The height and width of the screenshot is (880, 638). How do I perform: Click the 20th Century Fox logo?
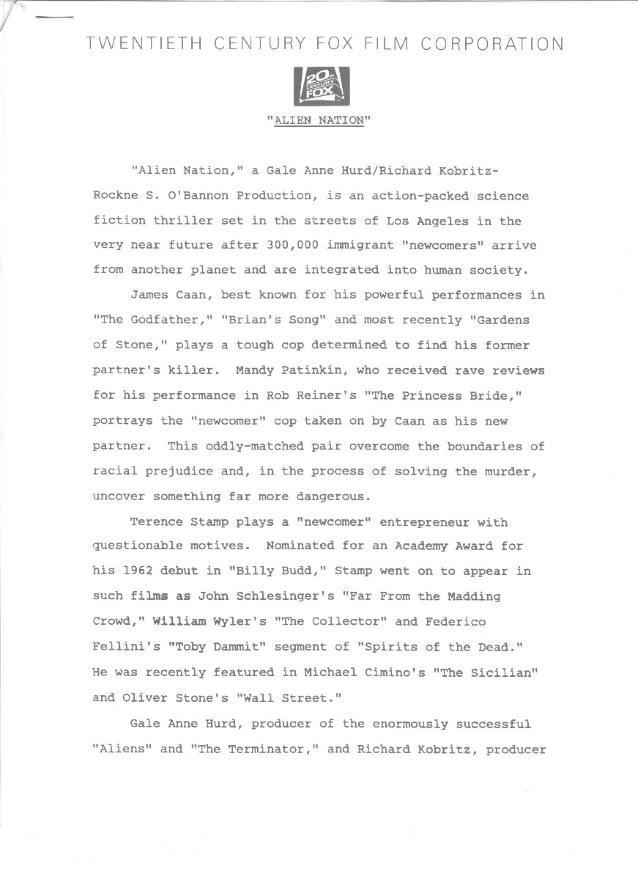[x=322, y=87]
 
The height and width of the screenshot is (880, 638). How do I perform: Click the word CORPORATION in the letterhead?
[x=494, y=44]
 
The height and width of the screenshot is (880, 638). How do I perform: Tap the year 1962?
[x=138, y=571]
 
